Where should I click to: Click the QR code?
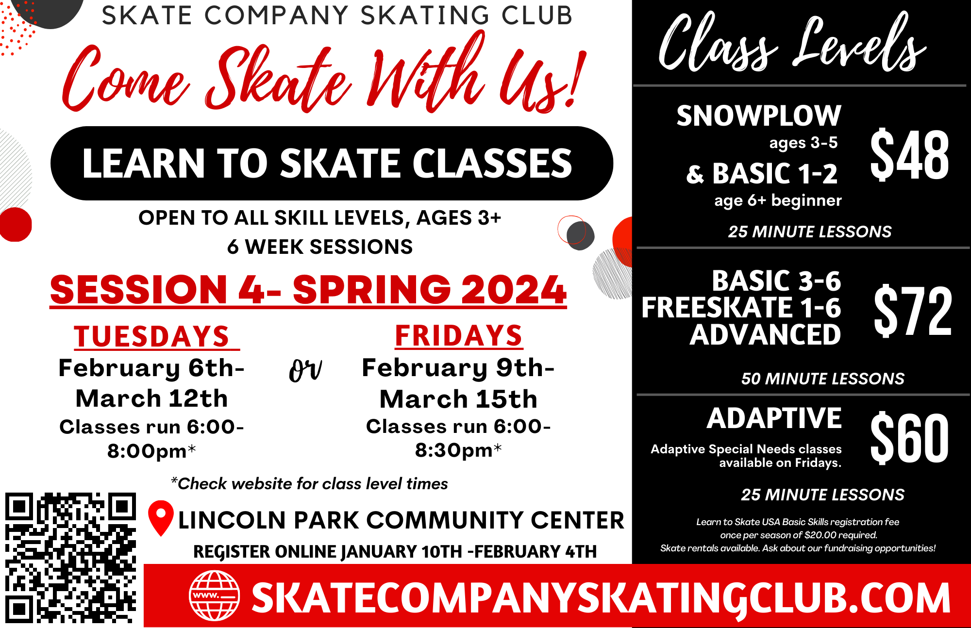pos(70,558)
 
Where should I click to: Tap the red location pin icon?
pos(161,517)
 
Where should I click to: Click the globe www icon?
pos(214,595)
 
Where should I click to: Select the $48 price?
pos(909,155)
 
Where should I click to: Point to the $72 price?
pos(912,311)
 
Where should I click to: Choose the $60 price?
pos(909,438)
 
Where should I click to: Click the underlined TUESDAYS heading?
pos(151,336)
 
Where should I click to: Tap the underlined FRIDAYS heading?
pos(459,335)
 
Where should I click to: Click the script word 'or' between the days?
pos(305,371)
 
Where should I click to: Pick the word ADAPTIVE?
pos(774,418)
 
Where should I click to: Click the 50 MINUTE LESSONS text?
pos(822,379)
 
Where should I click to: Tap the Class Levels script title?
pos(792,44)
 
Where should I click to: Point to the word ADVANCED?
pos(765,334)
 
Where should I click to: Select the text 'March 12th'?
pos(151,398)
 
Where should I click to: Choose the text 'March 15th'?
pos(458,399)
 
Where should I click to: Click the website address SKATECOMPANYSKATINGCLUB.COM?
pos(601,598)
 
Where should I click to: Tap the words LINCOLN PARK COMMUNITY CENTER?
pos(401,520)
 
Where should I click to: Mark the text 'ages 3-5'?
pos(803,143)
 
